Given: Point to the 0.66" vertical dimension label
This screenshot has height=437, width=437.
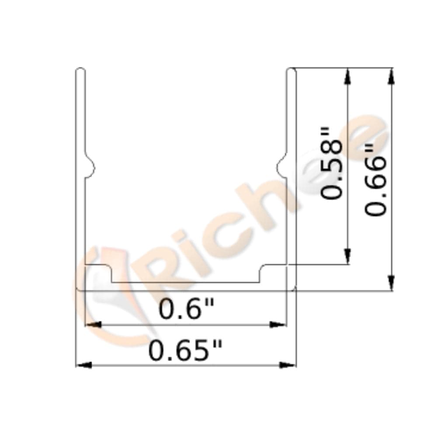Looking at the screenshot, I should coord(376,180).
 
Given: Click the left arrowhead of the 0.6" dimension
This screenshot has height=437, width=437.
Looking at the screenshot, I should coord(93,325).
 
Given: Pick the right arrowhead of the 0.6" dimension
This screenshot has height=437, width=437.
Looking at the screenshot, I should coord(277,325).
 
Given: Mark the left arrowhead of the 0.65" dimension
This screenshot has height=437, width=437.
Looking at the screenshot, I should coord(84,364).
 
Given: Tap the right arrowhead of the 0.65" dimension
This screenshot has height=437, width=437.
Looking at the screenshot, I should coord(288,364).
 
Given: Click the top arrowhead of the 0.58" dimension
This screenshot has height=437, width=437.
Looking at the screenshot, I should coord(348,76).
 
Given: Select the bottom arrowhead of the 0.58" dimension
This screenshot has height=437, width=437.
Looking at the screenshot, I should coord(348,256).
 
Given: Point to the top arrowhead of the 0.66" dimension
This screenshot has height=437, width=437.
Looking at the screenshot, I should coord(392,76).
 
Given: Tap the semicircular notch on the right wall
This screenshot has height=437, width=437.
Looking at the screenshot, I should coord(282,167).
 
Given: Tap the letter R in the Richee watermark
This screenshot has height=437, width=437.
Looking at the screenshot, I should coord(170,262).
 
